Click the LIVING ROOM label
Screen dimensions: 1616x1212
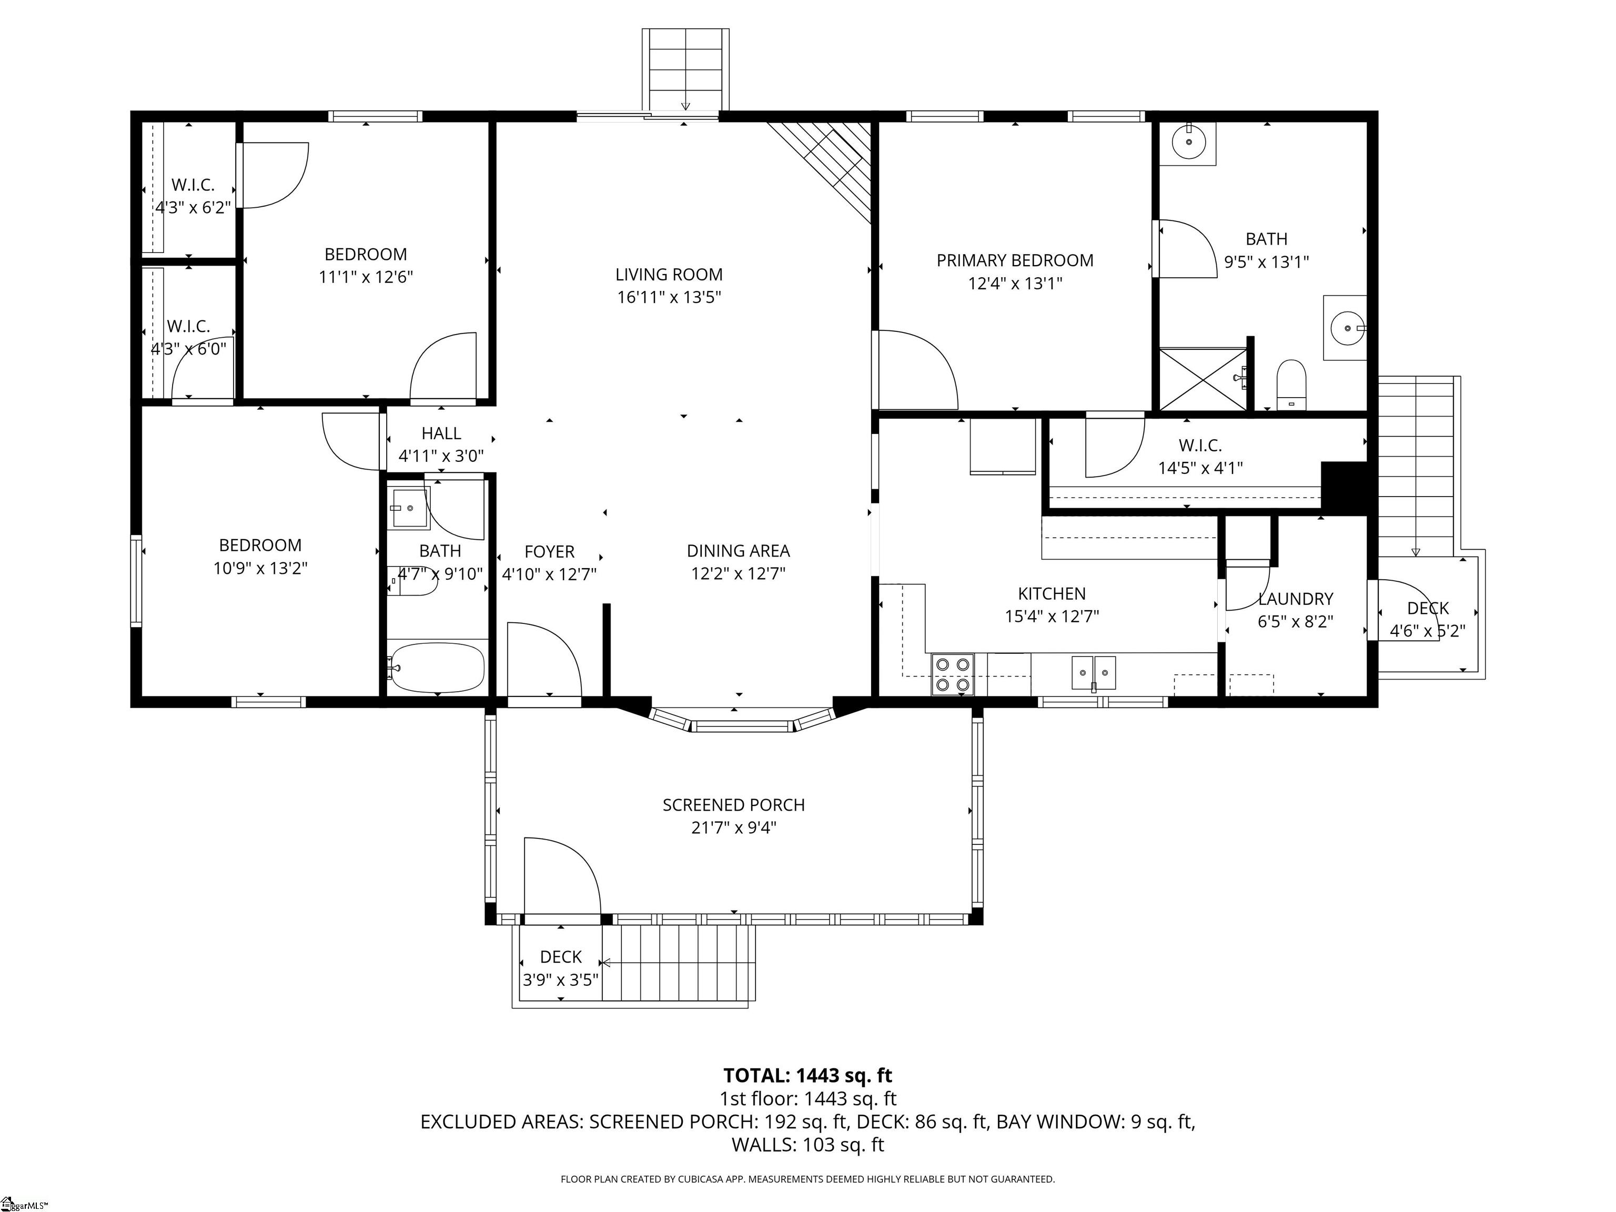tap(669, 275)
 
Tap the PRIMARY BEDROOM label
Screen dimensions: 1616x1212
tap(1015, 261)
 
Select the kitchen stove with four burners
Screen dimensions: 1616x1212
tap(953, 673)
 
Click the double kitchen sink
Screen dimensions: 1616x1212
tap(1094, 673)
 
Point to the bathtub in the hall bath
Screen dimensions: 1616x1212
tap(437, 667)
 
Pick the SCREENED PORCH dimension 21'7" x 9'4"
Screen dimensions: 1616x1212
tap(733, 827)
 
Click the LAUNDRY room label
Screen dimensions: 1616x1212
tap(1295, 599)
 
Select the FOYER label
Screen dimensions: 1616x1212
tap(549, 552)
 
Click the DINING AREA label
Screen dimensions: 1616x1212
tap(738, 551)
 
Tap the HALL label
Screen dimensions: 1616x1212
tap(441, 433)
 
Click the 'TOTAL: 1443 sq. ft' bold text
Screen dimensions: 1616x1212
tap(807, 1075)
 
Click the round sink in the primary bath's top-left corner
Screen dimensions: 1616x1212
tap(1189, 143)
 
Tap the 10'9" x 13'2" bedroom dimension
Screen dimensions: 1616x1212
tap(260, 568)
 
